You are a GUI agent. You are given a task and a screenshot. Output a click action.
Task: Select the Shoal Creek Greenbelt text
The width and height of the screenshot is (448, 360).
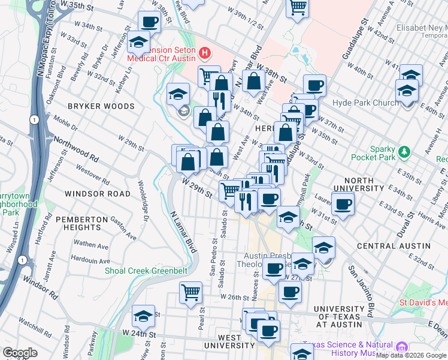tap(146, 271)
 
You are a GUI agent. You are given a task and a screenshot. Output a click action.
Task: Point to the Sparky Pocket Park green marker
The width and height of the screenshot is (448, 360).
tap(405, 151)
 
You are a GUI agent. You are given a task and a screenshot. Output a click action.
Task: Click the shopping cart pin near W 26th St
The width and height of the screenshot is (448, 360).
tap(191, 293)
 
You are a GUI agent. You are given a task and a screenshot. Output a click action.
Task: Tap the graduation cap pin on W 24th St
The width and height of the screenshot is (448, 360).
tap(144, 315)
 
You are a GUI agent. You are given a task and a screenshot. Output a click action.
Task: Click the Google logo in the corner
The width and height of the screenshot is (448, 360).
tap(20, 353)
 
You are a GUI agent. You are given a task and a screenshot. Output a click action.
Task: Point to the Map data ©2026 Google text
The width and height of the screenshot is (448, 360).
tap(411, 355)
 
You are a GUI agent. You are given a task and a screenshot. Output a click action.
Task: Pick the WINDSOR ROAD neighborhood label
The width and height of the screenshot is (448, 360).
tap(98, 194)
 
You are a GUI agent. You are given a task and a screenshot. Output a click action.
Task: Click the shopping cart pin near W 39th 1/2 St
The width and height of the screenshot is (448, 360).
tap(296, 8)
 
